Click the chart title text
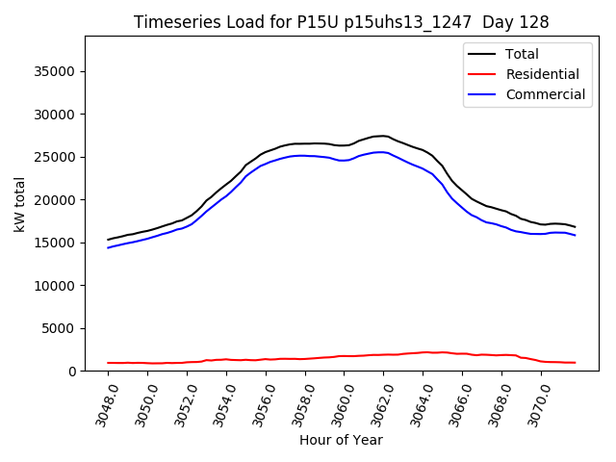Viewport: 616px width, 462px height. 341,22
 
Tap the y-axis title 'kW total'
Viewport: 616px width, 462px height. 20,204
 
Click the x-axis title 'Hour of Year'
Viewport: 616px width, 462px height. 341,440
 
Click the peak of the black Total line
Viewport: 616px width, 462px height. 382,136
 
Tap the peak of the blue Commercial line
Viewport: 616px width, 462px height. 382,151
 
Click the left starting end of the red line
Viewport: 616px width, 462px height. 108,363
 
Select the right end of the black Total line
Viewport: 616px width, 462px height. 576,227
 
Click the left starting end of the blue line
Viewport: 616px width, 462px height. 108,247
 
